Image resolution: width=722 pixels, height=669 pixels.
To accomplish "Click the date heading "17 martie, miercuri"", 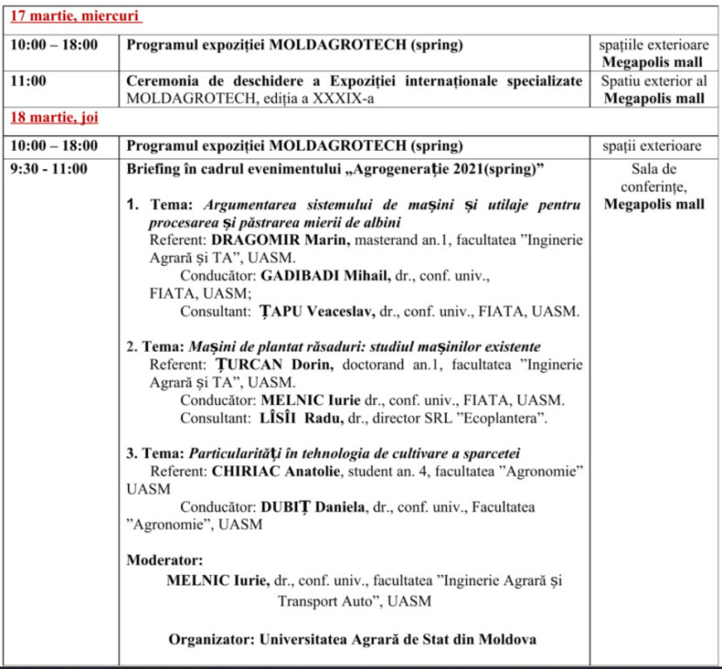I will (74, 17).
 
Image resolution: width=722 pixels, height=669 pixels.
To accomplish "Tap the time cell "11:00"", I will (29, 80).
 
